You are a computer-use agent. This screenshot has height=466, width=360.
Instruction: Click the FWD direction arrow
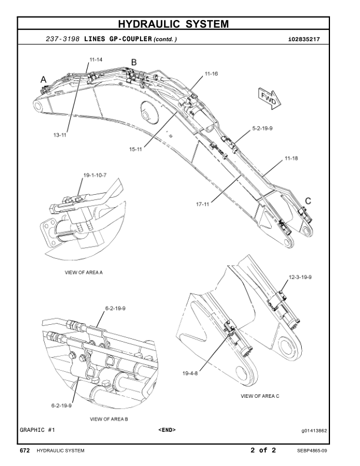(269, 98)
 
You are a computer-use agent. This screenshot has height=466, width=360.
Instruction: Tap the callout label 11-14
(96, 60)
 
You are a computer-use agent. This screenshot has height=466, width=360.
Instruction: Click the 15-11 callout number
(136, 149)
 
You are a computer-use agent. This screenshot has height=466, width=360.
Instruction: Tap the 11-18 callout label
(291, 159)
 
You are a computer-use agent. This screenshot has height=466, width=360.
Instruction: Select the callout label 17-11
(203, 204)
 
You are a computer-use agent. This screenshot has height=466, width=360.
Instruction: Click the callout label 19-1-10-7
(95, 175)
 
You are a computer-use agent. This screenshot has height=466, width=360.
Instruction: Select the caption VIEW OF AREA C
(260, 396)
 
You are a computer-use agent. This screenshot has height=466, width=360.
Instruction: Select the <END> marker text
(167, 430)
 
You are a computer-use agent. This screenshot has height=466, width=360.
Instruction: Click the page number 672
(25, 451)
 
